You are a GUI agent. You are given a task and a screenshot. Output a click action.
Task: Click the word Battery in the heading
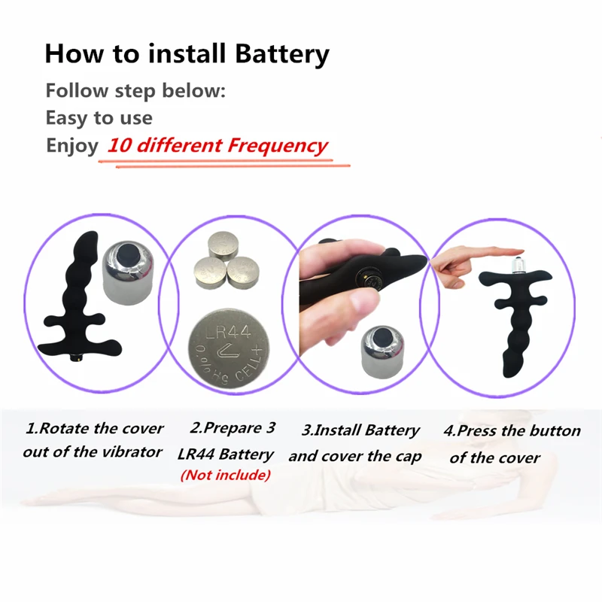tap(282, 53)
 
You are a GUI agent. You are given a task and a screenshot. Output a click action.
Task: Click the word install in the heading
tap(187, 53)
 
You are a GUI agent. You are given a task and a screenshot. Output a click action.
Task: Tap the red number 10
tap(120, 145)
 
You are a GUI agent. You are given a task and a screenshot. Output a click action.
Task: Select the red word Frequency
tap(277, 146)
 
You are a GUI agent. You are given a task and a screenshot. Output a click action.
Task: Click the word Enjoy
tap(72, 146)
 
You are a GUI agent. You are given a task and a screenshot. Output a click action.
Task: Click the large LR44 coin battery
tap(229, 348)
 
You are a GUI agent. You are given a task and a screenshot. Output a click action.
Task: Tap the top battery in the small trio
tap(223, 245)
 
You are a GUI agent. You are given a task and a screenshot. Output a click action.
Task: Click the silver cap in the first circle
tap(128, 272)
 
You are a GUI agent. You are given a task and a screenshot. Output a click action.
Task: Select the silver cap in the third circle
tap(383, 351)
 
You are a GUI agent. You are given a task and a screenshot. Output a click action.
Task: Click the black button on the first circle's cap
tap(127, 254)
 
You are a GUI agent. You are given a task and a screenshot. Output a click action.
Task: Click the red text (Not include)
tap(225, 476)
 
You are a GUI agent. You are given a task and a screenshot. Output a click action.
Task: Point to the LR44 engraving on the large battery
tap(228, 332)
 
